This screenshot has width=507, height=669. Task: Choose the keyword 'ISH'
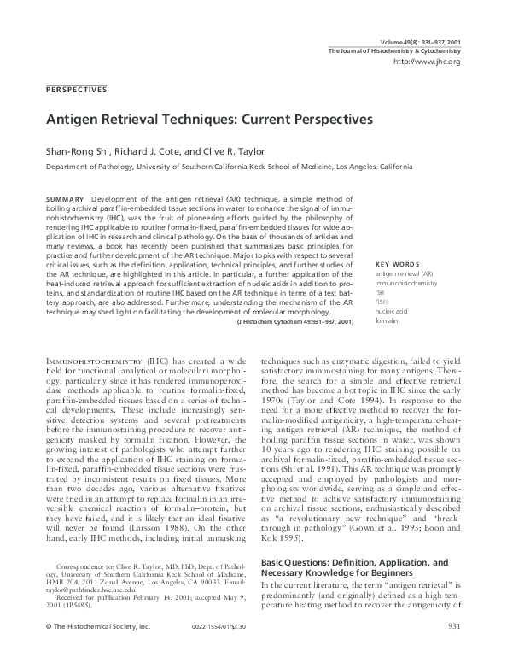(381, 290)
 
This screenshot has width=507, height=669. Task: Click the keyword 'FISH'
(382, 301)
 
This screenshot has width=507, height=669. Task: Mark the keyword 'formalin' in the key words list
(388, 320)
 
